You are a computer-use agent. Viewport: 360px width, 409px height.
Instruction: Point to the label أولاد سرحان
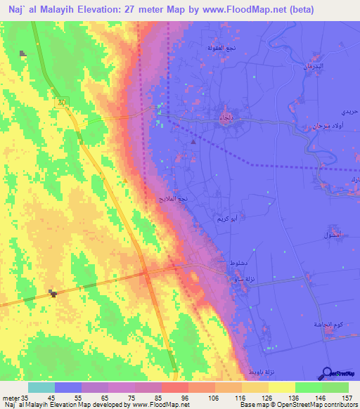321,128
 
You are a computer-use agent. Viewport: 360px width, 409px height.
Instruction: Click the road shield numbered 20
63,102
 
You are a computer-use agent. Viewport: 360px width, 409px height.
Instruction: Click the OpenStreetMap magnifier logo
327,372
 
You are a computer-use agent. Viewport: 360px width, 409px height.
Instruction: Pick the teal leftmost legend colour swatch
41,387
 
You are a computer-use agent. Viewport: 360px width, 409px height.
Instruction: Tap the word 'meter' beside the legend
11,398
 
